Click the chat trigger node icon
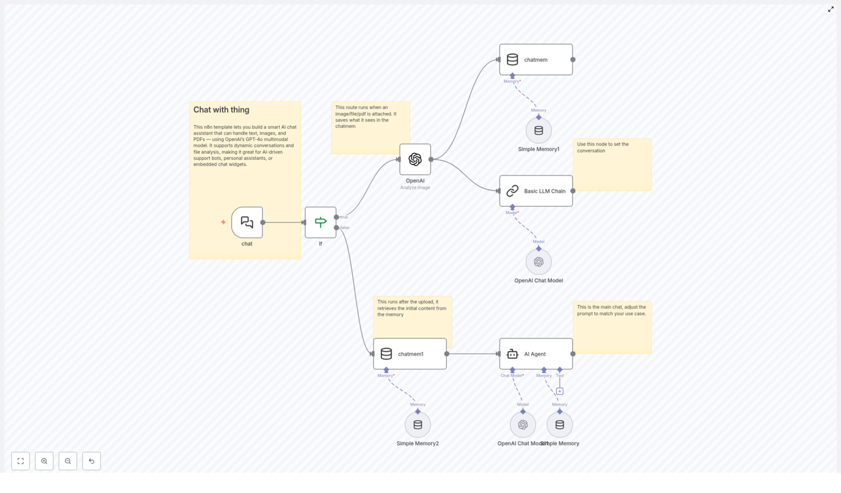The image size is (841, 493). [247, 222]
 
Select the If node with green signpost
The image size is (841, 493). [321, 222]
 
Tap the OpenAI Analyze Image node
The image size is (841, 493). [415, 159]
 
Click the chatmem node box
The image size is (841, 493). [536, 59]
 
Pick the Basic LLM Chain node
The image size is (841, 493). [536, 191]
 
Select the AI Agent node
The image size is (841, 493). [536, 354]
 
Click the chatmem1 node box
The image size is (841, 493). [410, 354]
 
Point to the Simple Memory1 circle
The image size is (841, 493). [539, 130]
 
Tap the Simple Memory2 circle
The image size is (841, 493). [418, 425]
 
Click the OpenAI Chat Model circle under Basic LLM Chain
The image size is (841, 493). [539, 262]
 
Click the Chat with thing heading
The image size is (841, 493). [221, 110]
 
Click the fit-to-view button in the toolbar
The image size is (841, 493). [20, 461]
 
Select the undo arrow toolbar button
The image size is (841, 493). [91, 461]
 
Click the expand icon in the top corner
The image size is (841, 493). [830, 9]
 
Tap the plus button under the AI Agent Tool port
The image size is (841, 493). [560, 391]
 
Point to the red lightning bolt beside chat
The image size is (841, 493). [223, 222]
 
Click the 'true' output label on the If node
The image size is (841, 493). [344, 217]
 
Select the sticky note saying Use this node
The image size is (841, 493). [612, 165]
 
